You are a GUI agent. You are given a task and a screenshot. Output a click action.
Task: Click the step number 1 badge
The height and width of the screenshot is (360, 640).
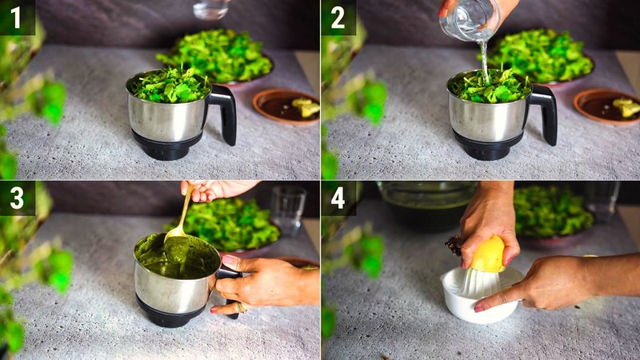[17, 17]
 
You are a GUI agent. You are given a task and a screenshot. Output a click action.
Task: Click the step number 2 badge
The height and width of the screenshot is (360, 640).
[338, 17]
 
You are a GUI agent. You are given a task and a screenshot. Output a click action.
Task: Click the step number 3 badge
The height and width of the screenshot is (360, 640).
[17, 198]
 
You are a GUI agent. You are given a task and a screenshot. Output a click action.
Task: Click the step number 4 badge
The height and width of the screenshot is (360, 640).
[338, 198]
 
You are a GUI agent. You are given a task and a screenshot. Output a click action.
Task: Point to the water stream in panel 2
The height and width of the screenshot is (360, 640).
[483, 60]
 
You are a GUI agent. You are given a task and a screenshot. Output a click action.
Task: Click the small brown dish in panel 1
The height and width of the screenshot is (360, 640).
[286, 106]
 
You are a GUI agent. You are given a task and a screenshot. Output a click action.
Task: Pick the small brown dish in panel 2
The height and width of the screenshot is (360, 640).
[606, 106]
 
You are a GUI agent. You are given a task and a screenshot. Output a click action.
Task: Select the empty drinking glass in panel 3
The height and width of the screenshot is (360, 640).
[287, 210]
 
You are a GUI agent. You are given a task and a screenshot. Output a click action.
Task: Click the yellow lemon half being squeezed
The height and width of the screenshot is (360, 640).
[487, 255]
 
